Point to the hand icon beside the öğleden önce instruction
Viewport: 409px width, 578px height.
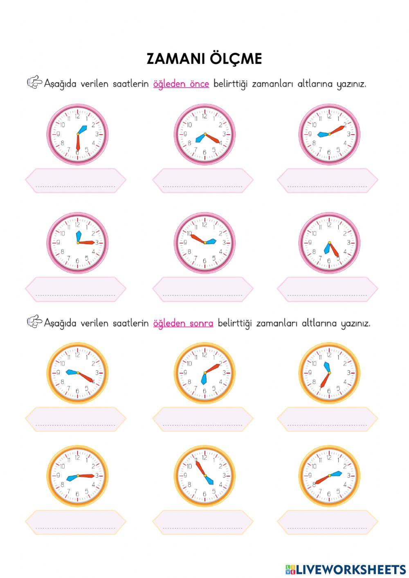click(34, 83)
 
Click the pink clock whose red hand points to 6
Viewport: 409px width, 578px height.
click(77, 134)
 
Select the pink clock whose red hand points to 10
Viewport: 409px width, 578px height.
click(204, 243)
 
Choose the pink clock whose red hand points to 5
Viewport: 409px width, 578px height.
click(329, 243)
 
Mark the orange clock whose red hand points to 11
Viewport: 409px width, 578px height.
click(204, 475)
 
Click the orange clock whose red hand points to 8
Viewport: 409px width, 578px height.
click(329, 475)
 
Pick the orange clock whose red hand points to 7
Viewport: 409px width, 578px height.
click(329, 373)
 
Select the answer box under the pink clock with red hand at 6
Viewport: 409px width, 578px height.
click(76, 180)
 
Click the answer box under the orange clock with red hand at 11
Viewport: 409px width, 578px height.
click(203, 522)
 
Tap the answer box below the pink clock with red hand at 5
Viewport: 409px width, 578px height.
click(327, 289)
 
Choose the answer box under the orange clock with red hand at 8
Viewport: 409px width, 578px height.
click(327, 522)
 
